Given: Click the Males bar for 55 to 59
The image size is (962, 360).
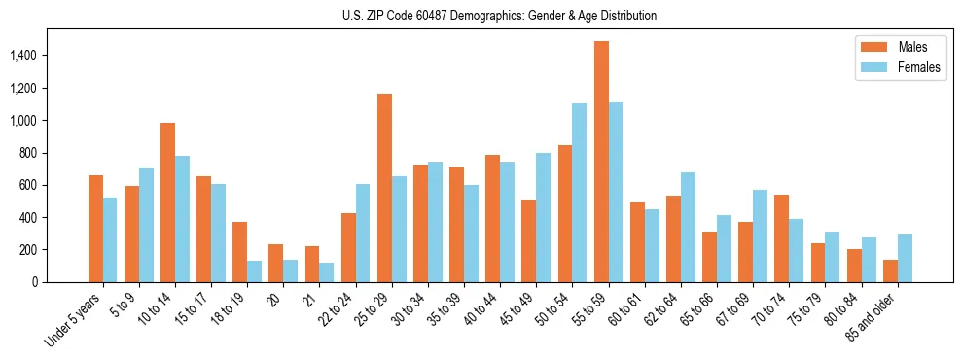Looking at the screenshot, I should coord(601,162).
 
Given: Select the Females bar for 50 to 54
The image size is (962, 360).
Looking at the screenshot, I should coord(579,193).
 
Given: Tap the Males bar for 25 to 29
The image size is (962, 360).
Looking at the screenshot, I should coord(384,188).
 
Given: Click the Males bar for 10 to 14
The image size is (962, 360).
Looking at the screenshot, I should coord(168,202).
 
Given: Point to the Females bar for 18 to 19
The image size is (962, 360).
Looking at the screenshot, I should coord(255,271).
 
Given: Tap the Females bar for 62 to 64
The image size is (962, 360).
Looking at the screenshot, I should coord(688,227).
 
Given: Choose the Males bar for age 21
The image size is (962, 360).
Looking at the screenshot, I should coord(312,264).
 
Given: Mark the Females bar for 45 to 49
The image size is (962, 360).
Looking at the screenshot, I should coord(543,217).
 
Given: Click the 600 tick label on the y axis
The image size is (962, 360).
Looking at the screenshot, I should coord(42,185).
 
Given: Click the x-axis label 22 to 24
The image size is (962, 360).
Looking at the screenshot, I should coord(338,308).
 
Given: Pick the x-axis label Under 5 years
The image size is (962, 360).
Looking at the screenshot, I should coord(74,318).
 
